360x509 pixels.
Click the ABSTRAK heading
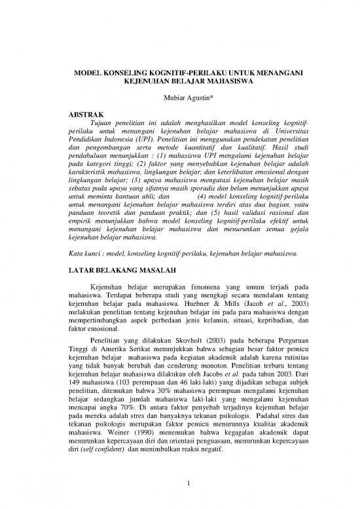coord(88,113)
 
